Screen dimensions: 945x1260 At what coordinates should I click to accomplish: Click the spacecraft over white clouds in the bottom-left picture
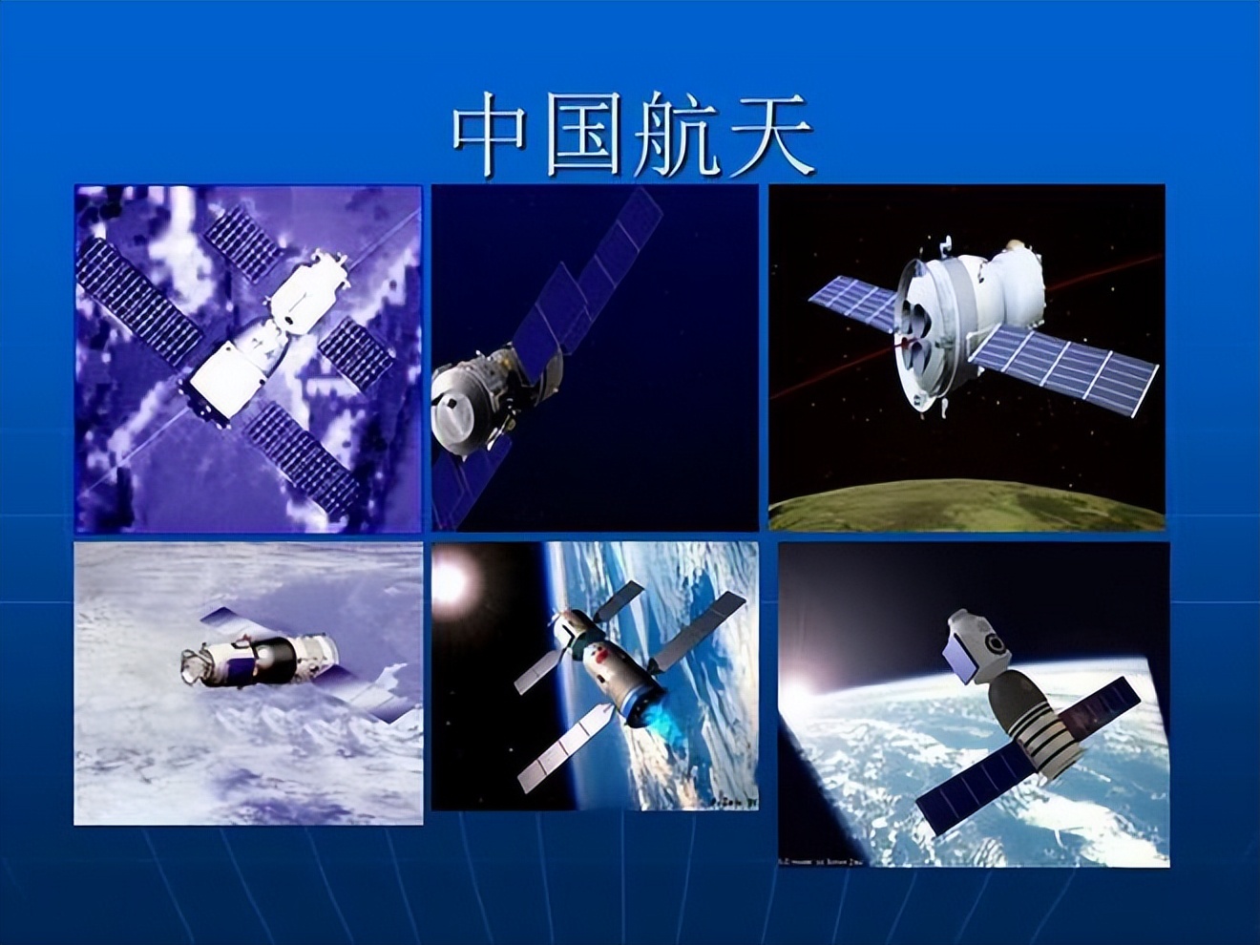click(258, 656)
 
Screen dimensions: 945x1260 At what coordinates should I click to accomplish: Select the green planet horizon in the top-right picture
click(964, 506)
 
